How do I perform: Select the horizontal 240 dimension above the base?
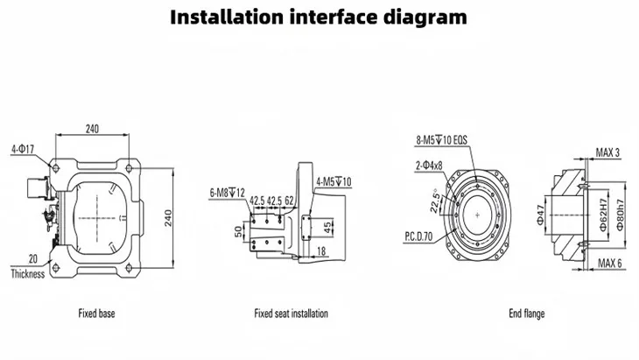92,129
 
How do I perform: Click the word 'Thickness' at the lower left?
27,273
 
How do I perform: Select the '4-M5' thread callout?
334,181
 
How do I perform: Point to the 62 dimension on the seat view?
288,201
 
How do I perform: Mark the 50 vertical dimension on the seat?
236,230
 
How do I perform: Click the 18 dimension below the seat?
323,251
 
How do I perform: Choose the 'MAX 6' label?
608,263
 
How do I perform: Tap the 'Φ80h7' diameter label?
619,211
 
